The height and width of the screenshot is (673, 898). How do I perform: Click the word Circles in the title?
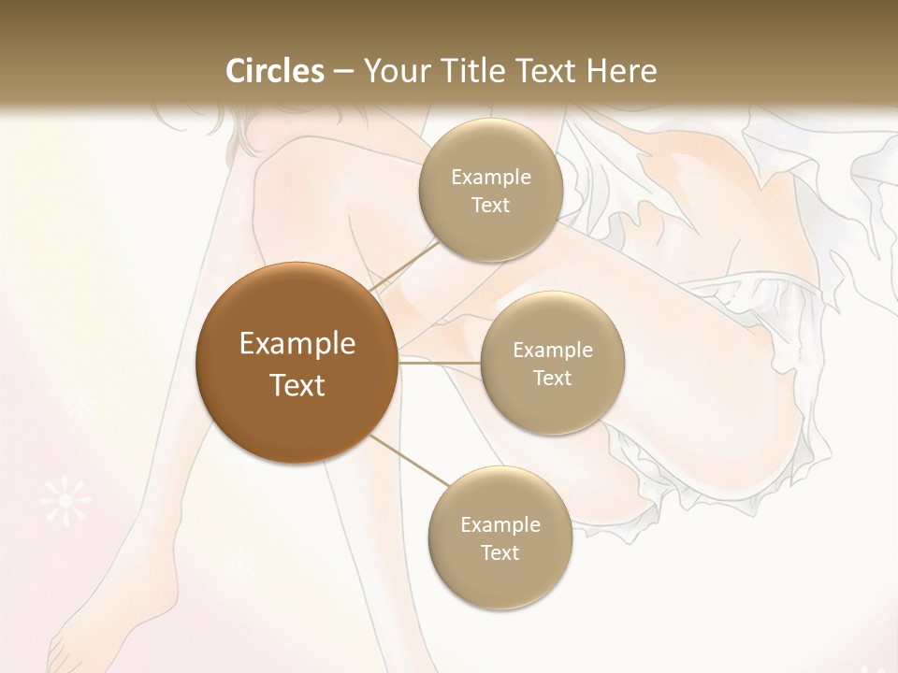275,71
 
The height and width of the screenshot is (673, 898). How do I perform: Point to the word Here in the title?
621,71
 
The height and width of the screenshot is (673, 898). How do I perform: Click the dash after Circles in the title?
343,72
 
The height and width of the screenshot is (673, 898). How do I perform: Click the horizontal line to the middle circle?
440,362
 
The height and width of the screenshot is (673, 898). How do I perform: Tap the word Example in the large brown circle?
297,344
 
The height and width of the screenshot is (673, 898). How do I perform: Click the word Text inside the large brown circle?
297,385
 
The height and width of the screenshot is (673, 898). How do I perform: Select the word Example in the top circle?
491,177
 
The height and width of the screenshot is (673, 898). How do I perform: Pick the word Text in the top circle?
491,205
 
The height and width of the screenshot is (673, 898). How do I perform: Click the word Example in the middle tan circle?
553,350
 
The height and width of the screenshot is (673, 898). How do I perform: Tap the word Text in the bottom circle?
500,552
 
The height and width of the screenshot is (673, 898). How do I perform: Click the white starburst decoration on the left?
65,501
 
